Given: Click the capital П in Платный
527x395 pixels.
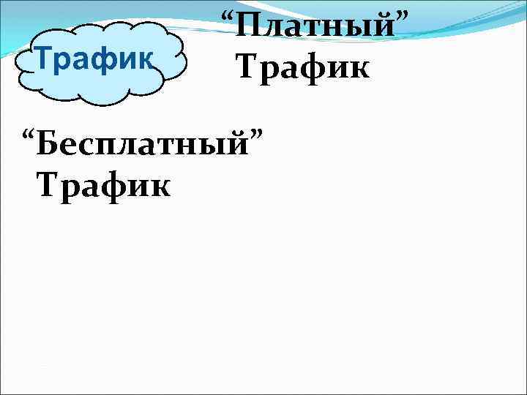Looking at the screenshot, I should pos(253,29).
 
